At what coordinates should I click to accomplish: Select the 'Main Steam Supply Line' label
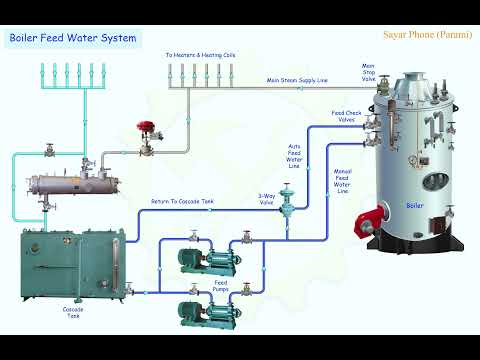click(x=299, y=79)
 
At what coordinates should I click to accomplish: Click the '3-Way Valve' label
click(x=266, y=199)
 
